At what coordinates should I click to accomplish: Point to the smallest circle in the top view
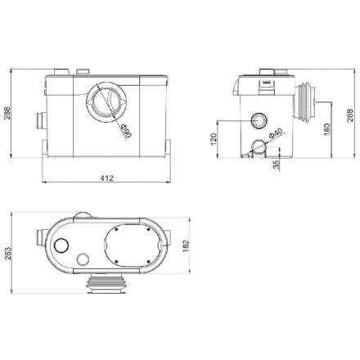pyautogui.click(x=82, y=260)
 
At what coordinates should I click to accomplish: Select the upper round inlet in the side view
pyautogui.click(x=259, y=121)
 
